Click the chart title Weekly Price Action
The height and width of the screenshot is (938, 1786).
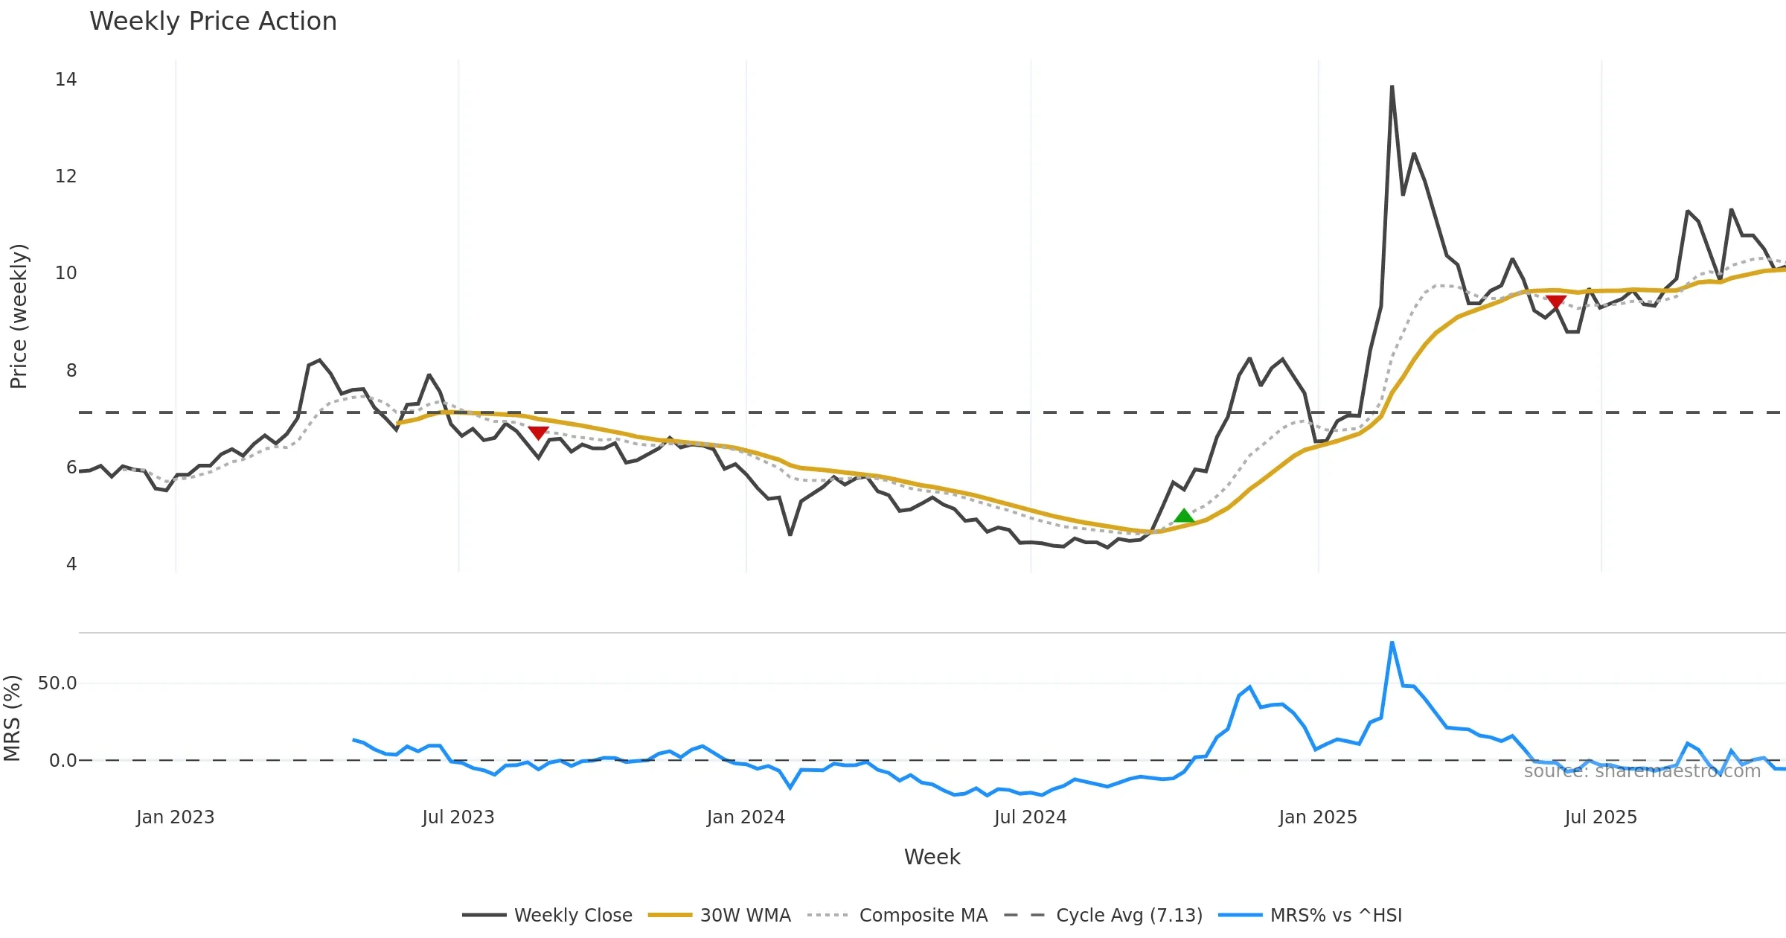(x=213, y=22)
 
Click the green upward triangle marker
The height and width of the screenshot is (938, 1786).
(x=1184, y=516)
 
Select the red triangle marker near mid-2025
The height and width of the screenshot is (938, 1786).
(x=1556, y=301)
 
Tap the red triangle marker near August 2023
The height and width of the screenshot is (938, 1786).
(x=538, y=433)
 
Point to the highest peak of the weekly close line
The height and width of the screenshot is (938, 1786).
(x=1392, y=87)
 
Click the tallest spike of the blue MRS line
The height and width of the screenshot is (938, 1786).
(x=1392, y=642)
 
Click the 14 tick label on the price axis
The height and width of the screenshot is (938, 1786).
(x=65, y=80)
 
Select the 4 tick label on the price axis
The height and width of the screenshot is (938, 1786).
(x=71, y=564)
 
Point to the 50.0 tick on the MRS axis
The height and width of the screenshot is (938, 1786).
(x=57, y=683)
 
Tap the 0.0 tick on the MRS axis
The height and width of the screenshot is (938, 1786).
(x=63, y=761)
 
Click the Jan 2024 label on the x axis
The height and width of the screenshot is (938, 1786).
(x=746, y=817)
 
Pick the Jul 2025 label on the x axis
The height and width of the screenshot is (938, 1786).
(x=1601, y=817)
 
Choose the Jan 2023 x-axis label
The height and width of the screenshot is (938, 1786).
(x=175, y=817)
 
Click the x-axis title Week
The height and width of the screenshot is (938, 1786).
(x=932, y=858)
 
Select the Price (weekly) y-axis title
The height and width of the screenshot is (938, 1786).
(x=19, y=316)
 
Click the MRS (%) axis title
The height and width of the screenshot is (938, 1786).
(x=12, y=718)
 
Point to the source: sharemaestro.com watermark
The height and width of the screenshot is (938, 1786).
(x=1642, y=771)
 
